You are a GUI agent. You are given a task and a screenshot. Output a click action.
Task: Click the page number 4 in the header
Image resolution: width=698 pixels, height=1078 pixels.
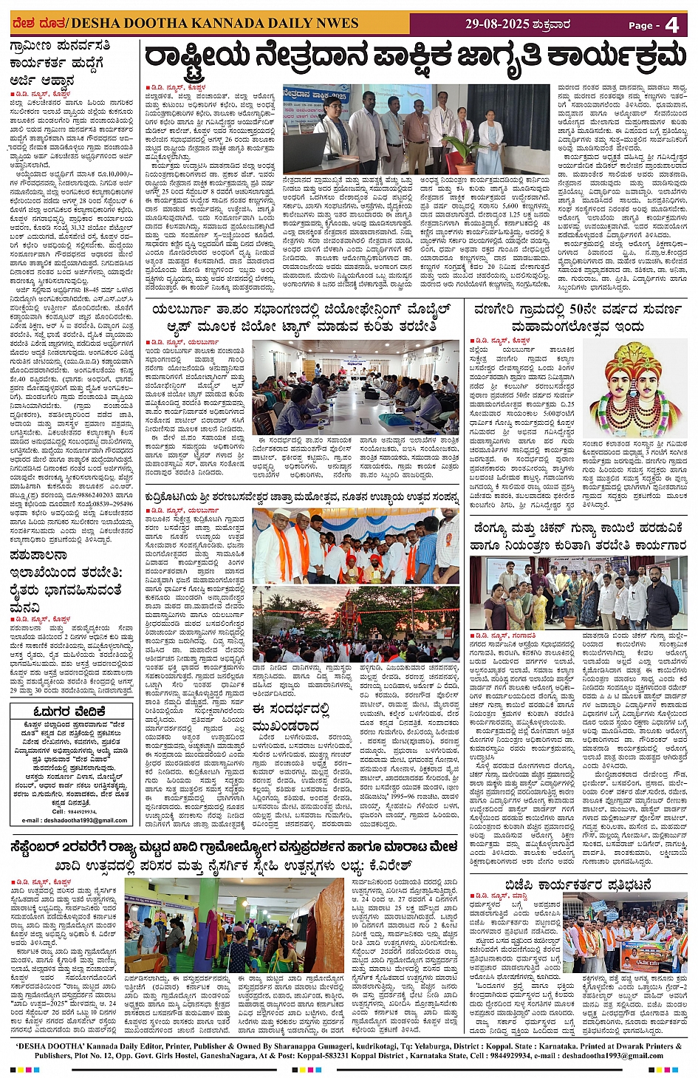(671, 24)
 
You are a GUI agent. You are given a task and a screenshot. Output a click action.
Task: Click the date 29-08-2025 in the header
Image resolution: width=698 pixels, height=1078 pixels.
(497, 24)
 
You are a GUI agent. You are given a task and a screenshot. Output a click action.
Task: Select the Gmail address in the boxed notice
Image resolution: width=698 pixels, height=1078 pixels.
(75, 820)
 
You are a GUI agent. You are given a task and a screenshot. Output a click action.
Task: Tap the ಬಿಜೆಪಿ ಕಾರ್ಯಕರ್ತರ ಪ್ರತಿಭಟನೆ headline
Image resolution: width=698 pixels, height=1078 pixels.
(578, 884)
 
